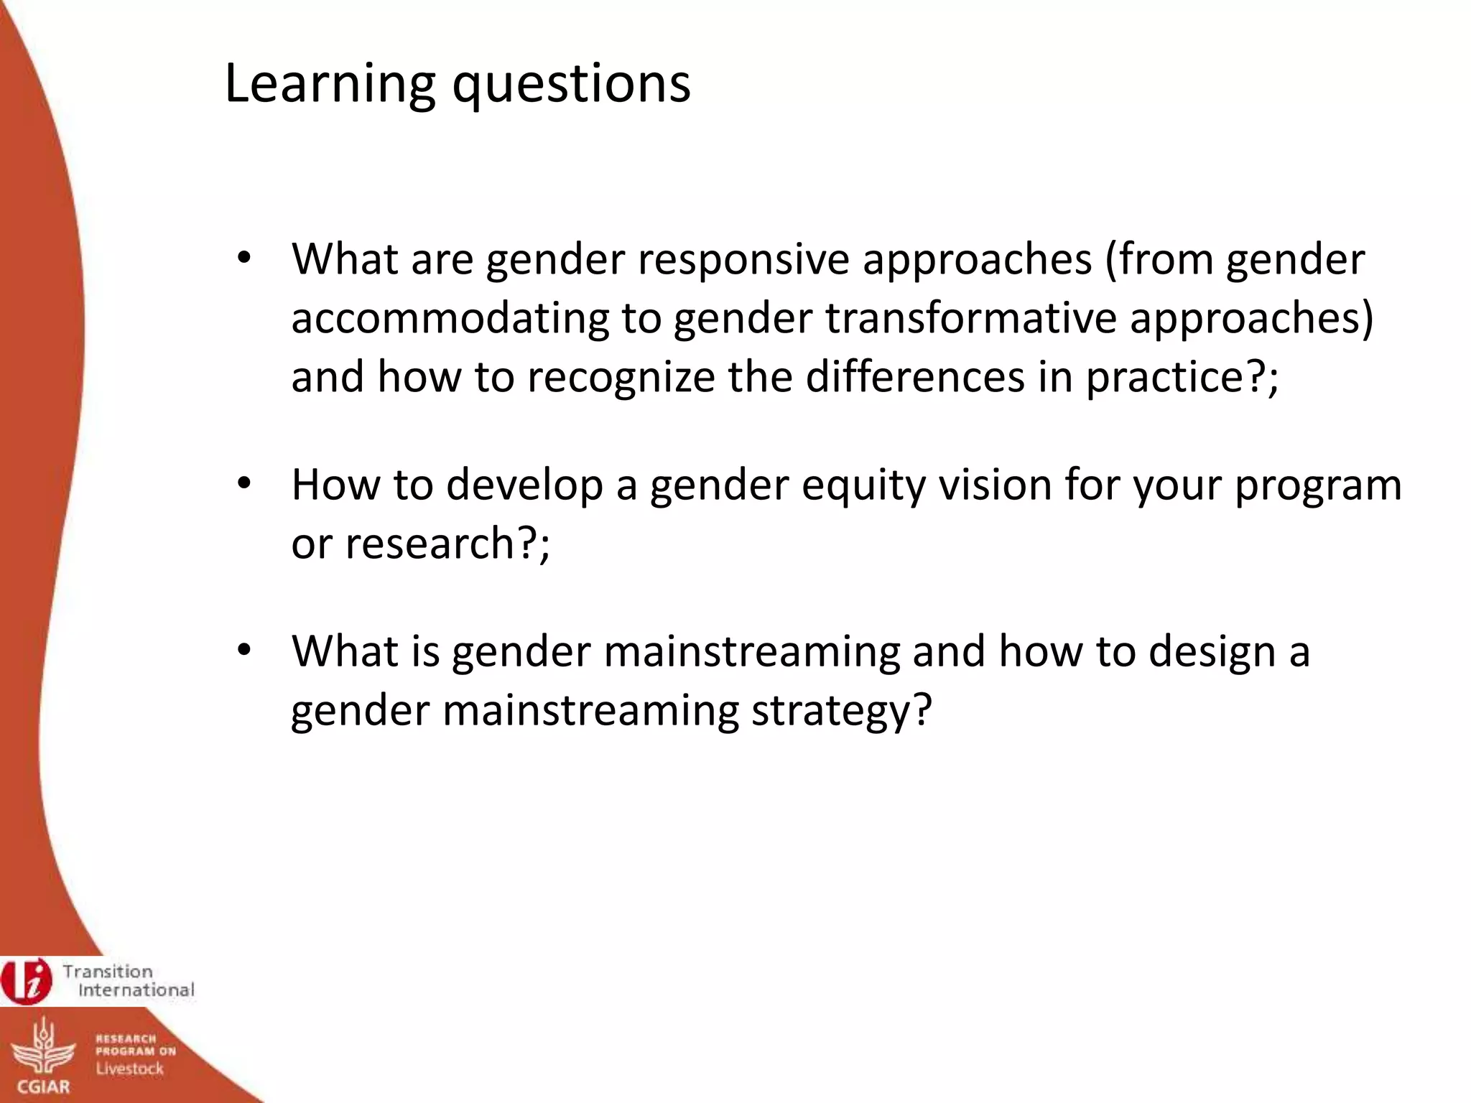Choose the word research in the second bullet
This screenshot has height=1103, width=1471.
[x=426, y=543]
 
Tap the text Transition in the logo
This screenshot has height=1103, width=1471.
[x=108, y=972]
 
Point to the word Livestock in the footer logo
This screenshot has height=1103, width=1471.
[x=130, y=1069]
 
